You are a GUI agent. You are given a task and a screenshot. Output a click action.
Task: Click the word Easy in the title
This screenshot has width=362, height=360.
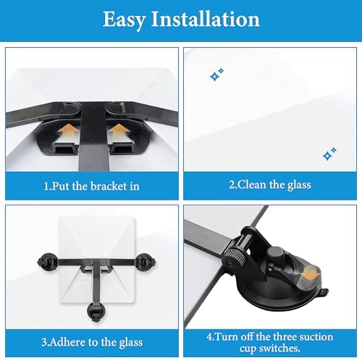pos(126,20)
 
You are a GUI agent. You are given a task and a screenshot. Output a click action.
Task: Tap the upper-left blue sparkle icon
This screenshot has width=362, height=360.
pos(216,75)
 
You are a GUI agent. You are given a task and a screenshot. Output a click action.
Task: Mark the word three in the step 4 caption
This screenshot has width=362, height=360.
pos(280,337)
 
